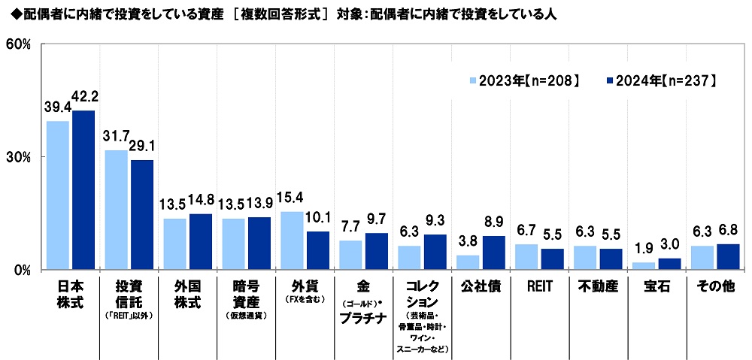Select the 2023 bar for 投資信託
pyautogui.click(x=116, y=210)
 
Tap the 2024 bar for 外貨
pyautogui.click(x=317, y=250)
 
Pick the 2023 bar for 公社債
pyautogui.click(x=468, y=262)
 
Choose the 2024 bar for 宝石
pyautogui.click(x=669, y=264)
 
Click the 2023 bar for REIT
pyautogui.click(x=526, y=257)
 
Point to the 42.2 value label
pyautogui.click(x=83, y=98)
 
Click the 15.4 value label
pyautogui.click(x=292, y=199)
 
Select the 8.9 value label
pyautogui.click(x=493, y=223)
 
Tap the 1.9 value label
pyautogui.click(x=644, y=250)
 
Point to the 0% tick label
pyautogui.click(x=20, y=270)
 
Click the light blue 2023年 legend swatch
pyautogui.click(x=474, y=80)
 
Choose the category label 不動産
pyautogui.click(x=597, y=286)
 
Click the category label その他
pyautogui.click(x=714, y=286)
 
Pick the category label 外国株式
pyautogui.click(x=187, y=294)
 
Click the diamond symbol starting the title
pyautogui.click(x=8, y=14)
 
